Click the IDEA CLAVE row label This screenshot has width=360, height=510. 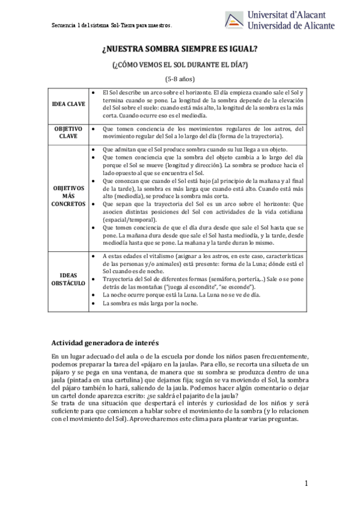pos(68,103)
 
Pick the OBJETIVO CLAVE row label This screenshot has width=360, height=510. pos(68,132)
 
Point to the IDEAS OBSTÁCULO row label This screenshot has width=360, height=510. pos(68,279)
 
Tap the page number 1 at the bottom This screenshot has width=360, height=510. pos(306,484)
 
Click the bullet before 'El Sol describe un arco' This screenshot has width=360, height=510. pos(91,92)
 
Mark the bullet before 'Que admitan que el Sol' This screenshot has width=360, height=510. pos(91,149)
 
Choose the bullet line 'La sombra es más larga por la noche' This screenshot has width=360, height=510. pos(150,304)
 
